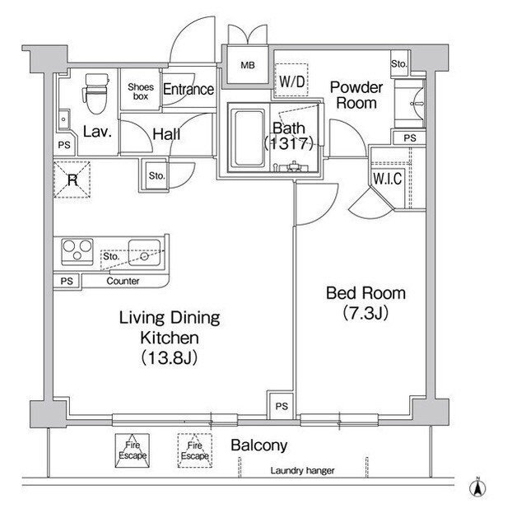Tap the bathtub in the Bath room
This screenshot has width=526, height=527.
249,138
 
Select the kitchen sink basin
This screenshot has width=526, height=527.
144,253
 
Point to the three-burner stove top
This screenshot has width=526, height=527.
77,251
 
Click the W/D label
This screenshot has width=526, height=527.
291,82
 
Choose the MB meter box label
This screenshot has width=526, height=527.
248,65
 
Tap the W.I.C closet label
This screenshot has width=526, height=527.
387,178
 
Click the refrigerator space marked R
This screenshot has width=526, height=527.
72,180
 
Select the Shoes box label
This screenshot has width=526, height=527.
141,91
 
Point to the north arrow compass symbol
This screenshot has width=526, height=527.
477,487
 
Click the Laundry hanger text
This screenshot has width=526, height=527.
302,470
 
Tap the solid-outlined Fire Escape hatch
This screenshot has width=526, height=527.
133,450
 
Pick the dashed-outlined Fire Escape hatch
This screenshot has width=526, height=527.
195,450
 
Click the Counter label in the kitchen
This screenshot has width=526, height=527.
123,281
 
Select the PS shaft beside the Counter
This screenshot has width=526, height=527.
67,281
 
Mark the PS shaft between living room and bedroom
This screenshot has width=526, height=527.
282,405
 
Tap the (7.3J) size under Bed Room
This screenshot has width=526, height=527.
365,313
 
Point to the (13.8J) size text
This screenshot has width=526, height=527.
169,357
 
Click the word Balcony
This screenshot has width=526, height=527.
259,445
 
